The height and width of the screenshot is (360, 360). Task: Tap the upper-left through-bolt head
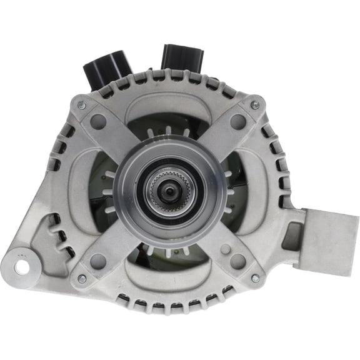pyautogui.click(x=81, y=106)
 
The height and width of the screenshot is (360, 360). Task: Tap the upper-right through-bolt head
pyautogui.click(x=254, y=106)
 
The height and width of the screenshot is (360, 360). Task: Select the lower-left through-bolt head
pyautogui.click(x=82, y=279)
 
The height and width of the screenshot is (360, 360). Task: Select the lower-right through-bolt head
pyautogui.click(x=254, y=278)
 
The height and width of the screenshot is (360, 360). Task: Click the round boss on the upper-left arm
pyautogui.click(x=98, y=121)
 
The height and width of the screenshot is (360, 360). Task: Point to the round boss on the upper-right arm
pyautogui.click(x=237, y=121)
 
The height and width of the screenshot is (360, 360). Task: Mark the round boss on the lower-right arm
pyautogui.click(x=237, y=261)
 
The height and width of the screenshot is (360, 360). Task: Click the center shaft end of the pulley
pyautogui.click(x=168, y=191)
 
